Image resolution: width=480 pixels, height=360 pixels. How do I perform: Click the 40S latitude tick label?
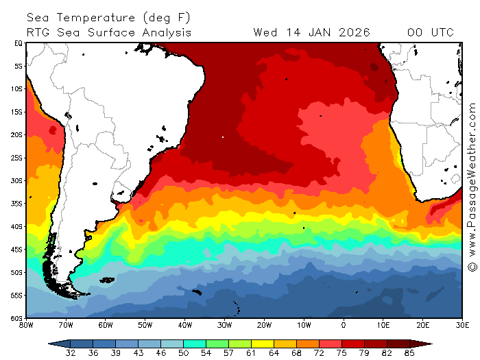(19, 226)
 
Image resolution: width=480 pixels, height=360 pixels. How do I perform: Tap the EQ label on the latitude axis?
(19, 43)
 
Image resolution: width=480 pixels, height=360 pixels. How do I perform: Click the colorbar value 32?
(70, 353)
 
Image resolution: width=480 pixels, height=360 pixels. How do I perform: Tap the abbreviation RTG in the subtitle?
(38, 32)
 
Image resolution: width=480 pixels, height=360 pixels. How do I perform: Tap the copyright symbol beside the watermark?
(472, 266)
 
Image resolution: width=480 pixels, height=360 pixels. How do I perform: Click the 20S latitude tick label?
(19, 134)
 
